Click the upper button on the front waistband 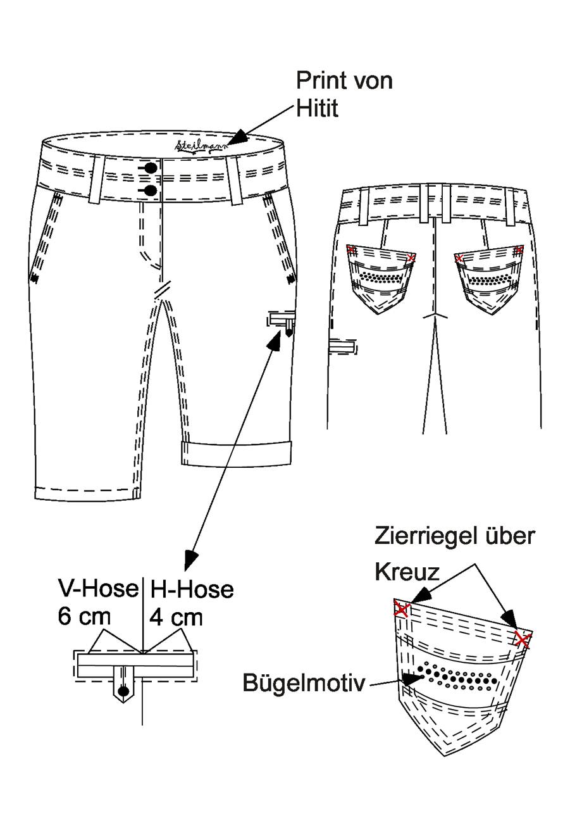pyautogui.click(x=151, y=168)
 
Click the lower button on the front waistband pyautogui.click(x=151, y=191)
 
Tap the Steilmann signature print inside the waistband pyautogui.click(x=201, y=145)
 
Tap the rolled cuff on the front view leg pyautogui.click(x=237, y=455)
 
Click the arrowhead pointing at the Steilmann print pyautogui.click(x=237, y=137)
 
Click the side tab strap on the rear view pyautogui.click(x=343, y=346)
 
